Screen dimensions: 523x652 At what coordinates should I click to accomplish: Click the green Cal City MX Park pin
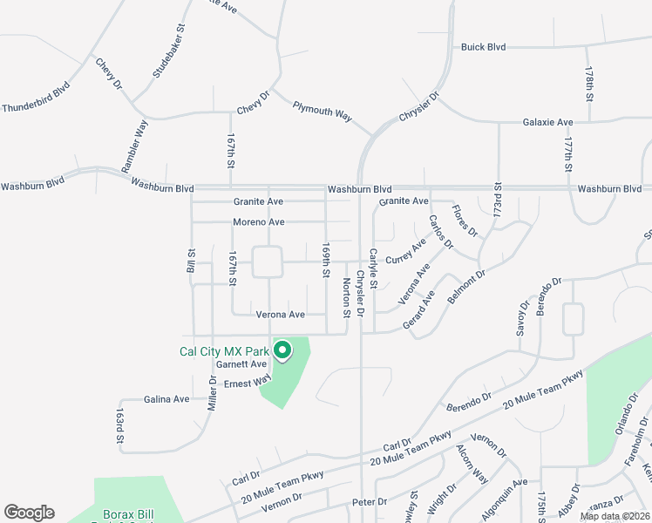pos(282,351)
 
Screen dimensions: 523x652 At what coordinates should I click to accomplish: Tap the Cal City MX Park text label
pos(224,352)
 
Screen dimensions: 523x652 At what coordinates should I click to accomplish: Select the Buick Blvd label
pos(485,47)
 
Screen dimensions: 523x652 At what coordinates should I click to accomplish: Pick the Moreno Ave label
pos(258,222)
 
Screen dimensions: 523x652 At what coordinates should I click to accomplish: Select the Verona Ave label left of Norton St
pos(280,314)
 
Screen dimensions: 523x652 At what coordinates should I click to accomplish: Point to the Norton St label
pos(346,296)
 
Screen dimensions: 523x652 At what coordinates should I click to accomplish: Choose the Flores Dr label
pos(465,221)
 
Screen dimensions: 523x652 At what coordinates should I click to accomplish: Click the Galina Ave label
pos(167,399)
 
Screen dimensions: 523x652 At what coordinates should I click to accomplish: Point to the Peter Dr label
pos(369,502)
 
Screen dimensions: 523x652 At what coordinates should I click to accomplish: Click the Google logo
pos(29,513)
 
